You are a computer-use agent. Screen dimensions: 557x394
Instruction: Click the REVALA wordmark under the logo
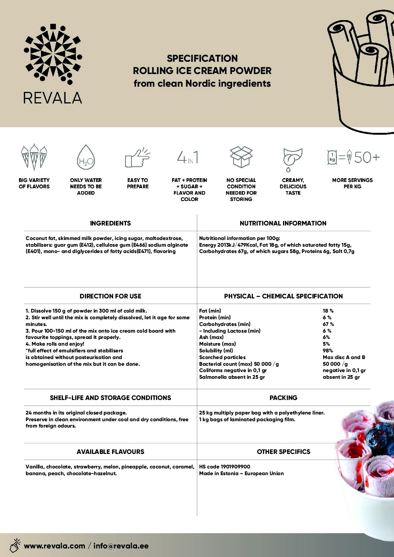coord(53,98)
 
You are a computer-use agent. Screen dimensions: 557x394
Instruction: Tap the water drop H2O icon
coord(86,158)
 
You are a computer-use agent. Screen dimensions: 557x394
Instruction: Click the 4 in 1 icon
coord(188,157)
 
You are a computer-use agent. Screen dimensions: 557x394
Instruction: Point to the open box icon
coord(241,157)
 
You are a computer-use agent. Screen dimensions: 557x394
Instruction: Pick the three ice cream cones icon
coord(34,157)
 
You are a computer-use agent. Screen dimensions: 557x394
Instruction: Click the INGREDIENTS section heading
coord(110,223)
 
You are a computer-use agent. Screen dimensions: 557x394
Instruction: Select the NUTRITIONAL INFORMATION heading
coord(283,223)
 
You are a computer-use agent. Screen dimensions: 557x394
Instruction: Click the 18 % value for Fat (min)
coord(328,311)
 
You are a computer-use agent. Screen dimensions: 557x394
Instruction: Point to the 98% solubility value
coord(328,350)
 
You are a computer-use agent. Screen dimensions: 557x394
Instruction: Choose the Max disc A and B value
coord(344,357)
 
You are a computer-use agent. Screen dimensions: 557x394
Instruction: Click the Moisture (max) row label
coord(217,344)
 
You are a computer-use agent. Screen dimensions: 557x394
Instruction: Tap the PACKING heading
coord(283,398)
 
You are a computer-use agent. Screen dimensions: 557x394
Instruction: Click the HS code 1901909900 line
coord(225,467)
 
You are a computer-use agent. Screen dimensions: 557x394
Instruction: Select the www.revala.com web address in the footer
coord(54,546)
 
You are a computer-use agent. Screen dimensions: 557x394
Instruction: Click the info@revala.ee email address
coord(121,546)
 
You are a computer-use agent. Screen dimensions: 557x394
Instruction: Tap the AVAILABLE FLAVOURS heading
coord(110,452)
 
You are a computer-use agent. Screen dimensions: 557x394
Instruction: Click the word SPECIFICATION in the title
coord(202,58)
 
